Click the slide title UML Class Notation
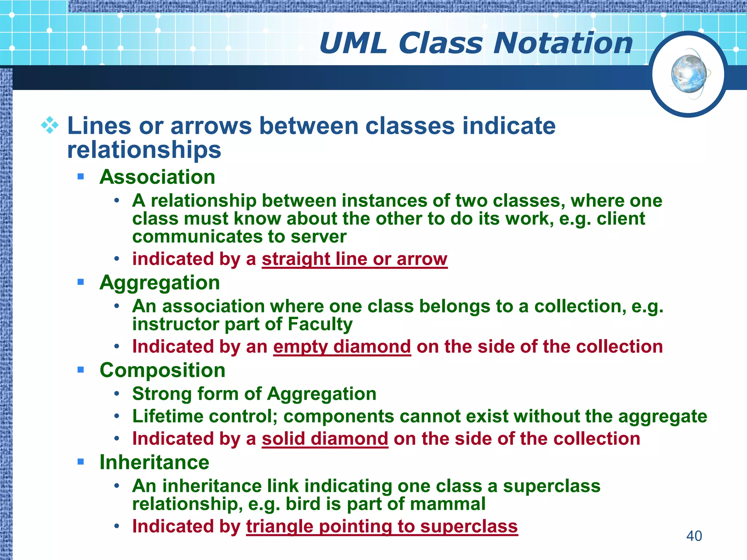[x=476, y=43]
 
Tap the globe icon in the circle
[x=689, y=74]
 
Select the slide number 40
[x=694, y=536]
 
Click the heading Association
[x=157, y=177]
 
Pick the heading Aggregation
[x=159, y=283]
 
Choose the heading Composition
[x=162, y=370]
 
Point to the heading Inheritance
[x=154, y=462]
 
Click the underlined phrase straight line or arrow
[x=354, y=259]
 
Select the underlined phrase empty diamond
[x=342, y=346]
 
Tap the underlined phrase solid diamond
[x=325, y=439]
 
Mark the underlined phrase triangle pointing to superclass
[x=382, y=526]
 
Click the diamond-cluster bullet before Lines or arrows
[x=50, y=126]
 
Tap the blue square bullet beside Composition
[x=81, y=370]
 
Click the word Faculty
[x=320, y=324]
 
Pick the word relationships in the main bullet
[x=144, y=150]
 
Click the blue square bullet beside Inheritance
[x=81, y=462]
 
